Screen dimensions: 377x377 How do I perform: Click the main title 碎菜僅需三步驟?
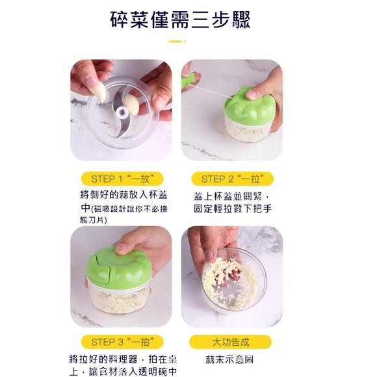coord(188,19)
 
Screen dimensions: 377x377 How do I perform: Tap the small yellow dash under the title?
coord(176,42)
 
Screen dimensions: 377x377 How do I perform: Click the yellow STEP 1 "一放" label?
coord(122,179)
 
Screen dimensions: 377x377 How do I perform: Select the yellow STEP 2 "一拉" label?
coord(232,179)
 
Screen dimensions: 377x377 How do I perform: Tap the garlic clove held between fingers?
coord(99,92)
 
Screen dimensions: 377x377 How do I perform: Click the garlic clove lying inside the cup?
coord(132,104)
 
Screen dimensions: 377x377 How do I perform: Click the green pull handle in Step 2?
coord(189,81)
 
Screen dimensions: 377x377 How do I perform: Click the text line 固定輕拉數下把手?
coord(232,209)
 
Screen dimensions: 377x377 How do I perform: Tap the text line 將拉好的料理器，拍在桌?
coord(122,359)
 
